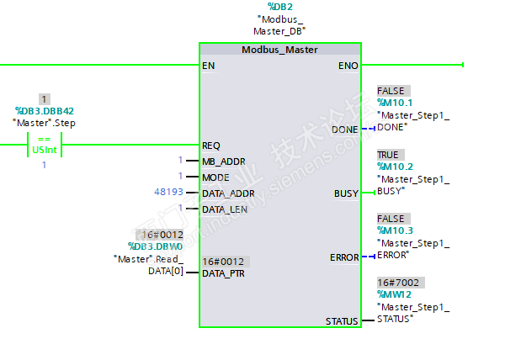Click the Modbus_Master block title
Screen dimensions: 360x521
[x=279, y=50]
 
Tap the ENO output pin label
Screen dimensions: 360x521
[x=348, y=65]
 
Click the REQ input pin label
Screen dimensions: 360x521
[x=211, y=145]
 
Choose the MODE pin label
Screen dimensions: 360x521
[x=215, y=177]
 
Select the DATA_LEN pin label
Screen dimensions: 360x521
[x=225, y=209]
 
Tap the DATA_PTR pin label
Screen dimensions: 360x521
[x=223, y=273]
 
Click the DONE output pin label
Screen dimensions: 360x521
[x=345, y=130]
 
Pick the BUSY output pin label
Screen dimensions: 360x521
[x=346, y=193]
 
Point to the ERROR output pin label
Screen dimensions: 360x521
[x=344, y=257]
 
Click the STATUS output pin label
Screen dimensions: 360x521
[x=343, y=321]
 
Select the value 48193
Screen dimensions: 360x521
[x=167, y=193]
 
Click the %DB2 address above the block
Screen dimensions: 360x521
[x=279, y=7]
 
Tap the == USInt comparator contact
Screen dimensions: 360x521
[x=45, y=145]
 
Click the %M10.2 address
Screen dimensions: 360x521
[x=395, y=167]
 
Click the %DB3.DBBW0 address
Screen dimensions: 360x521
[x=155, y=246]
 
